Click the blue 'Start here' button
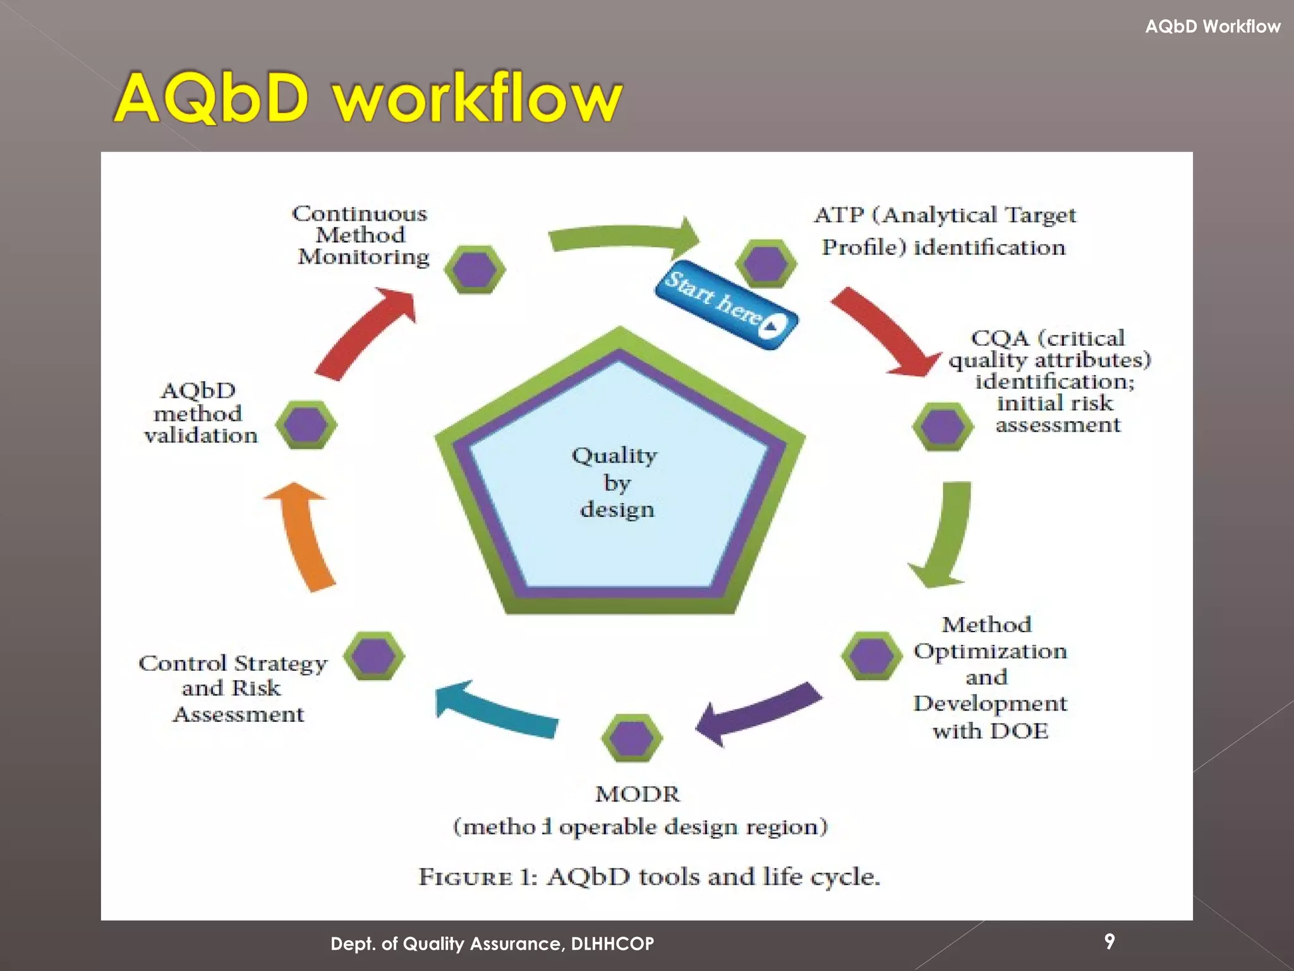[x=727, y=304]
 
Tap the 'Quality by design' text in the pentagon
[x=616, y=482]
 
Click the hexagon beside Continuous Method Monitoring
[x=475, y=269]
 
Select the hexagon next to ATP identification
[x=766, y=264]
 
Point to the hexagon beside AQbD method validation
[x=306, y=425]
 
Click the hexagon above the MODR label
[x=632, y=738]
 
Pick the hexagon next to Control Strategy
[x=374, y=656]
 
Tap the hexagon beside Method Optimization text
[x=871, y=656]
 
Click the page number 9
[x=1110, y=941]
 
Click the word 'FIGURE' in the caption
[x=466, y=877]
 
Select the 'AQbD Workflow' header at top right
[x=1212, y=27]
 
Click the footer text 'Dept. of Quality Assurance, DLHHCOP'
[x=492, y=944]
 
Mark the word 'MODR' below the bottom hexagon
[x=638, y=794]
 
